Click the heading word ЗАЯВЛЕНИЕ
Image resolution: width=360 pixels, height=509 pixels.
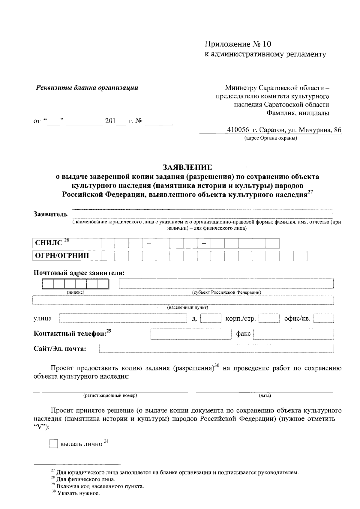pos(187,167)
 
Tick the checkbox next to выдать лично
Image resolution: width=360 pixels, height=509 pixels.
pos(54,444)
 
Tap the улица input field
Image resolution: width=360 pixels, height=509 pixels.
pos(123,318)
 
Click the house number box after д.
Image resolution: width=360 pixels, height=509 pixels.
pos(211,318)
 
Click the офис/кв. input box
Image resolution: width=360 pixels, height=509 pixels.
pos(324,318)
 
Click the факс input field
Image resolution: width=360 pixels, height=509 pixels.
pos(294,334)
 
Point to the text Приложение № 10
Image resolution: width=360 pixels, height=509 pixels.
pos(238,44)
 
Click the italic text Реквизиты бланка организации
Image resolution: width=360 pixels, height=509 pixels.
pos(87,88)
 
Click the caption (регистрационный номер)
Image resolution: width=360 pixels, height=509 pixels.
pos(110,396)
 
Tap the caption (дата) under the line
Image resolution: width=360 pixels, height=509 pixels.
pos(265,396)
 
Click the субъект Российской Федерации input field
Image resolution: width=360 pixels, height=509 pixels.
pos(226,283)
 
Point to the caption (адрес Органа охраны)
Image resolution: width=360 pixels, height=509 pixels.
pos(270,138)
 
